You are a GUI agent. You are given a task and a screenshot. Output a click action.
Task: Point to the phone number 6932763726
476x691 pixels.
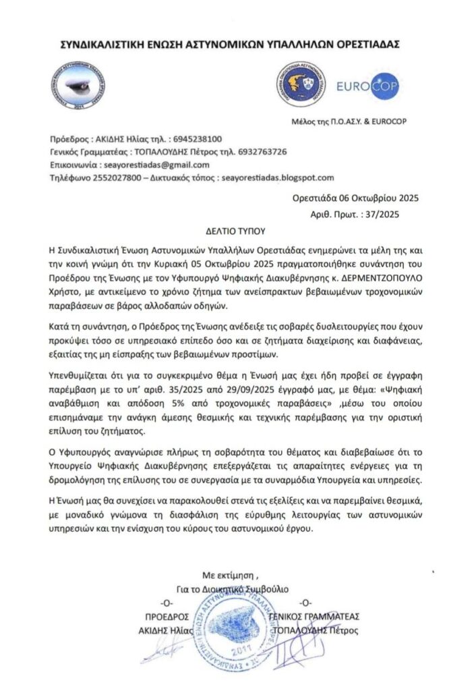256,150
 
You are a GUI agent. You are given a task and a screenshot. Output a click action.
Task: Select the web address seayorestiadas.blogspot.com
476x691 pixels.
278,177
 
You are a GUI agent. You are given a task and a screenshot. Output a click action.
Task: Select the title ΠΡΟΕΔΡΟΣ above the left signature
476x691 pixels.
166,617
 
